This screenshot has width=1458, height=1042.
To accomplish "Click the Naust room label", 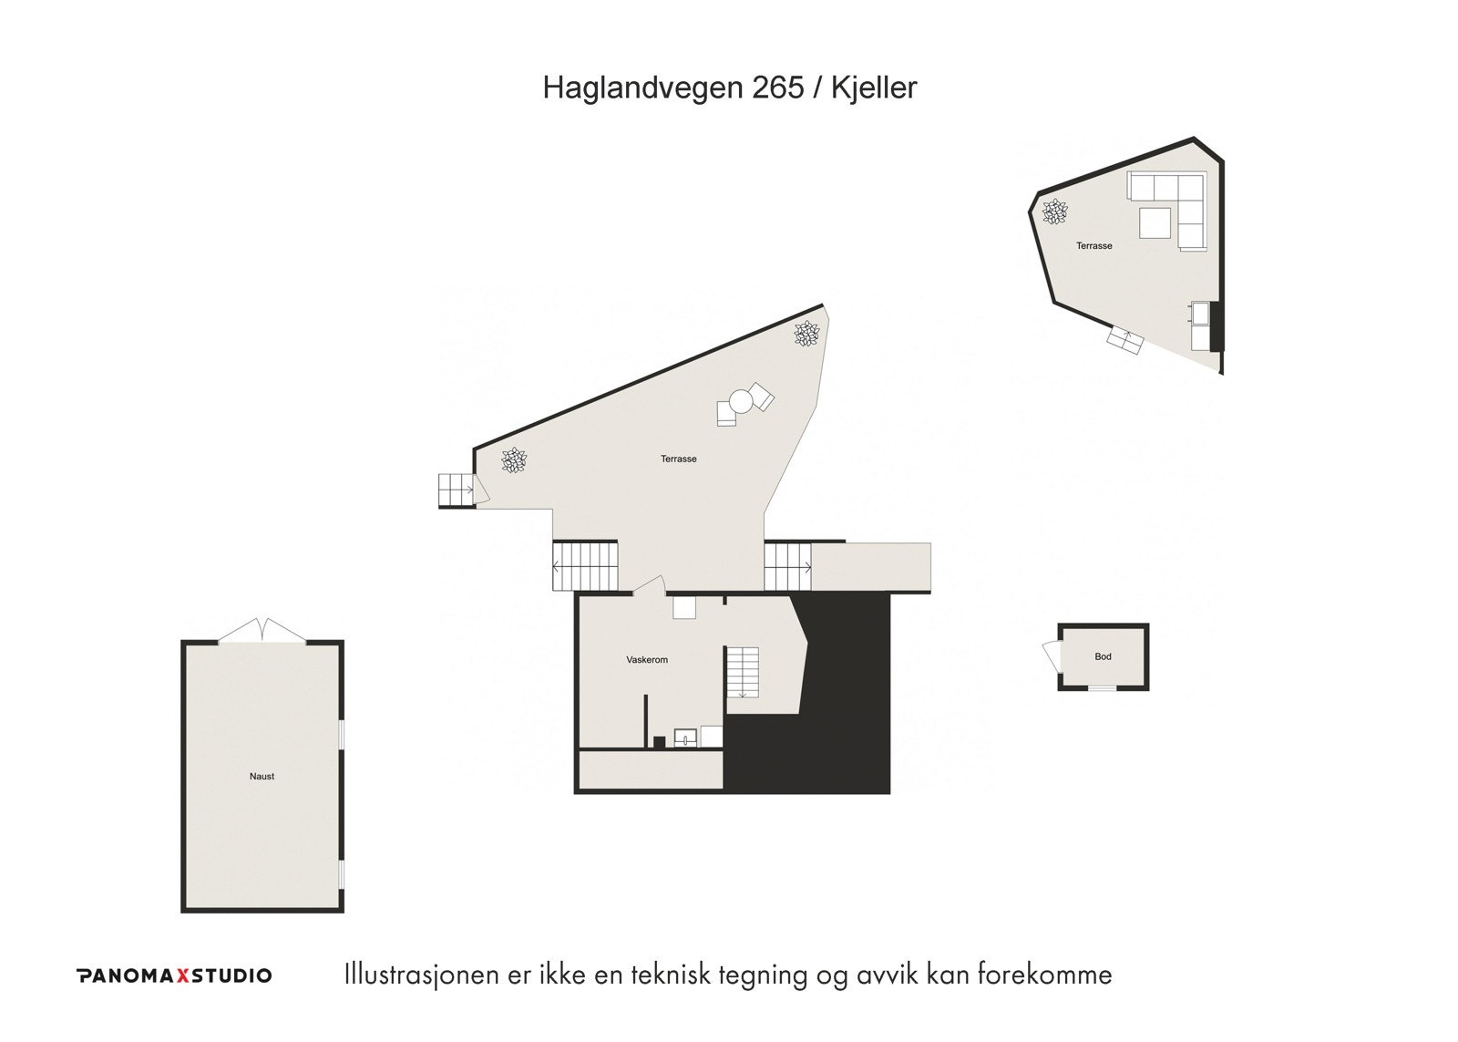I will pos(262,777).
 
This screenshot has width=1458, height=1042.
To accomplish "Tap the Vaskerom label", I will pos(647,660).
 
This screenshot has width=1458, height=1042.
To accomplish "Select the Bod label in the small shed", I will pos(1103,656).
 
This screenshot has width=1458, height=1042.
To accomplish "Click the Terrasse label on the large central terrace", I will pos(678,459).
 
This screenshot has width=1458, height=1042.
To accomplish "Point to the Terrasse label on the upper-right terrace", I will pos(1093,246).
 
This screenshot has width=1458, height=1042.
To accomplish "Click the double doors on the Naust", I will pos(262,631).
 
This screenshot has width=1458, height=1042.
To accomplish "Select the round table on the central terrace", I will pos(740,402).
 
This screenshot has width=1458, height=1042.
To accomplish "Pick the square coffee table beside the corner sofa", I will pos(1155,222).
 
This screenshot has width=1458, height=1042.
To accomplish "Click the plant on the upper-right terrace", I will pos(1055,212).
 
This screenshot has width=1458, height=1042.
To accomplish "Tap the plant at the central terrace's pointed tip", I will pos(806,335).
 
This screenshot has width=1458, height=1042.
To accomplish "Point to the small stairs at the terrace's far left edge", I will pos(455,490).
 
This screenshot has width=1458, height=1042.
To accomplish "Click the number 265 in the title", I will pos(778,88).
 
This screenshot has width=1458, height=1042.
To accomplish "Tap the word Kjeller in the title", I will pos(874,88).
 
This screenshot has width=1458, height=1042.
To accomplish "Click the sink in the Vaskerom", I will pos(685,738).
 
